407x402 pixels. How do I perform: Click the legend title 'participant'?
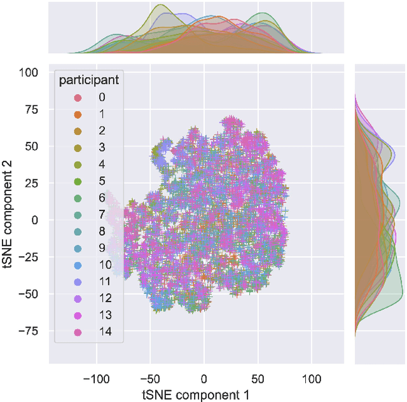[x=88, y=81]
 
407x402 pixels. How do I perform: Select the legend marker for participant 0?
[x=78, y=97]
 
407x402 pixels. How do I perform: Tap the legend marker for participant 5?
[x=78, y=181]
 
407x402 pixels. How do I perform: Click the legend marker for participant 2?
[x=78, y=131]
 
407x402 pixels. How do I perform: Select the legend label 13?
[x=102, y=315]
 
